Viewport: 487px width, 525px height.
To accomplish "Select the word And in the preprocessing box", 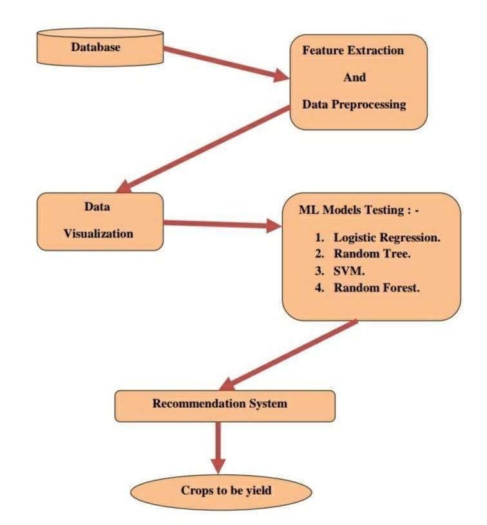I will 354,77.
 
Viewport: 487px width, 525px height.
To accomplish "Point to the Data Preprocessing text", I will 355,104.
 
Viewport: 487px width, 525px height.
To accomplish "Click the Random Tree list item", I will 372,254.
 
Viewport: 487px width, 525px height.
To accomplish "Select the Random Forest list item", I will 376,288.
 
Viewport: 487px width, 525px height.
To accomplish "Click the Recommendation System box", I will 225,405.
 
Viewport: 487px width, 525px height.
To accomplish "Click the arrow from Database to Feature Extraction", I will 225,63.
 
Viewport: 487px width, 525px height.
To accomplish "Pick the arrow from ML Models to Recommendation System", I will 290,354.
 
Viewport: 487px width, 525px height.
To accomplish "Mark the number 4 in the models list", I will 318,288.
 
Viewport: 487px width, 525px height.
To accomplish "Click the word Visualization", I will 99,234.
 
